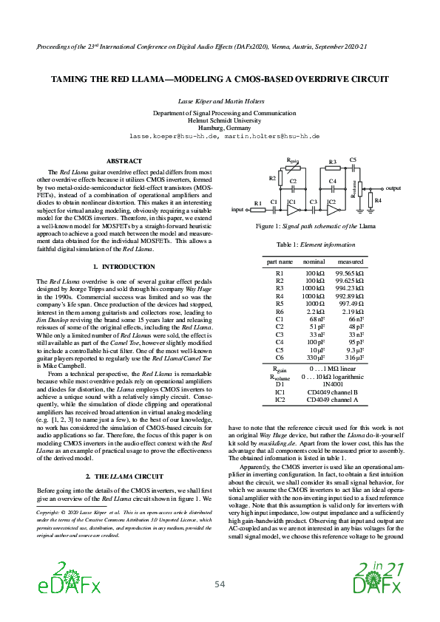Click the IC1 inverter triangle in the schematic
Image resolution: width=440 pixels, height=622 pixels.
pyautogui.click(x=292, y=210)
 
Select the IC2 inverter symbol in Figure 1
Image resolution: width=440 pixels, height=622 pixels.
pyautogui.click(x=333, y=210)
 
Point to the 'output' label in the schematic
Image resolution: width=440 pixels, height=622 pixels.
pyautogui.click(x=393, y=188)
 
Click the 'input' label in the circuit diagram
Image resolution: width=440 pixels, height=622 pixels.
pyautogui.click(x=237, y=210)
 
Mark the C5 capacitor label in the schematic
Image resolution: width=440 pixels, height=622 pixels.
pyautogui.click(x=353, y=160)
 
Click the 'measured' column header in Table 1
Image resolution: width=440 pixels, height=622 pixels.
pyautogui.click(x=351, y=262)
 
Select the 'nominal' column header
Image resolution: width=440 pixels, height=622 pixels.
pyautogui.click(x=314, y=262)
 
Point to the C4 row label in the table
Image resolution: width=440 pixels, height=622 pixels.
pyautogui.click(x=280, y=342)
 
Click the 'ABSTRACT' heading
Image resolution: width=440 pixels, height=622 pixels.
pyautogui.click(x=124, y=160)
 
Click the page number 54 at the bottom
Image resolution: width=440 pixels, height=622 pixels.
pyautogui.click(x=220, y=584)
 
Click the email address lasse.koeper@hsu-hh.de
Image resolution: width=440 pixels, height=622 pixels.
pyautogui.click(x=174, y=137)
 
